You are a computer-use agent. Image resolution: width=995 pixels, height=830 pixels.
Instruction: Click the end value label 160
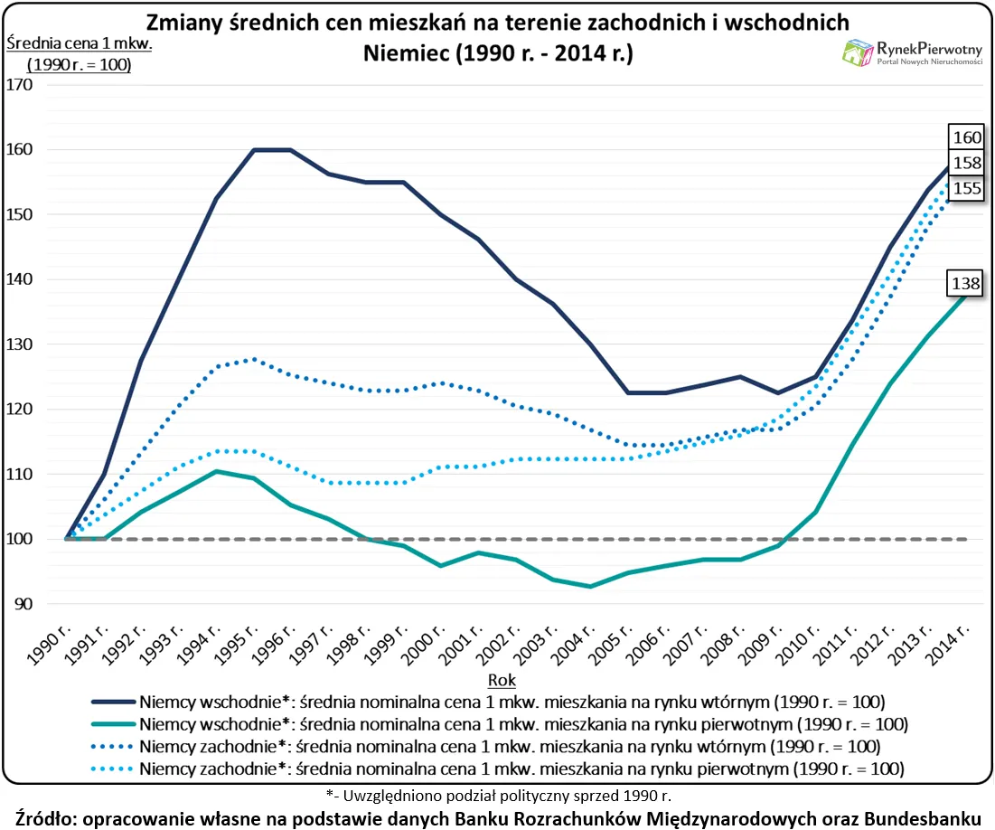pos(964,137)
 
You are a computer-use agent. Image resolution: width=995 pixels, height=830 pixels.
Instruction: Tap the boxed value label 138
pos(964,284)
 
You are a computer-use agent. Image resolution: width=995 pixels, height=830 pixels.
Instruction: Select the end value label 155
pos(964,188)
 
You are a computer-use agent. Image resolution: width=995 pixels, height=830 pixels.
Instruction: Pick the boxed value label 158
pos(964,163)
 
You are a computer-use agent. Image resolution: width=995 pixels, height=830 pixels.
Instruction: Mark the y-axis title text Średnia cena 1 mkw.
pos(67,42)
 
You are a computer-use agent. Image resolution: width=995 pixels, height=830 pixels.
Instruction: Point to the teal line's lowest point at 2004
pos(591,586)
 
